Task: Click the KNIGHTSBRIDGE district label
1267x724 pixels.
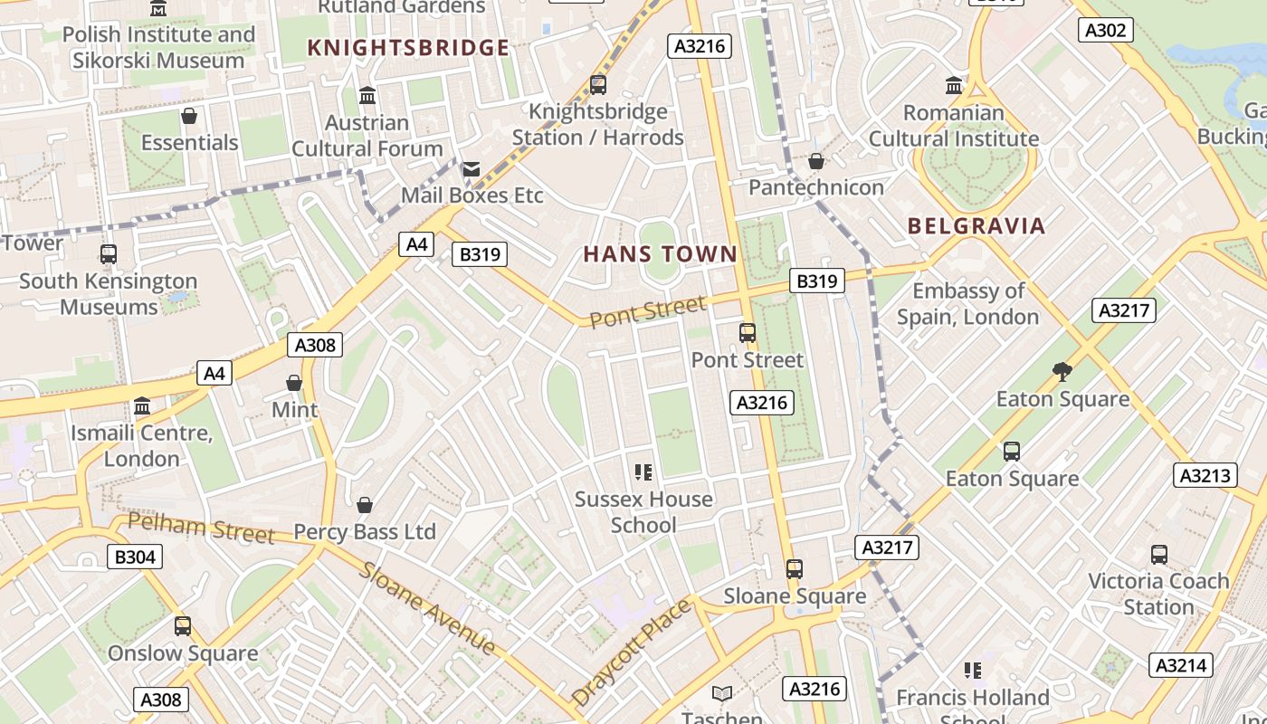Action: (408, 48)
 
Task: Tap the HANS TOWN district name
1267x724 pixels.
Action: (661, 254)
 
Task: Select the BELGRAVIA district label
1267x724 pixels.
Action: (976, 226)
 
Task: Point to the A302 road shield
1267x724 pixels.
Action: (1106, 30)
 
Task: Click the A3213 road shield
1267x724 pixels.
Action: (1205, 475)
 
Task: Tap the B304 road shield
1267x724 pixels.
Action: (135, 557)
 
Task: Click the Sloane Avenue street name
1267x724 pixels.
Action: (427, 607)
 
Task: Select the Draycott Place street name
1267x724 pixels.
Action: (631, 653)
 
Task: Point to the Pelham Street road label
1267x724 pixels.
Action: (200, 528)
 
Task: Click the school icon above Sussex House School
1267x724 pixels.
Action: (643, 472)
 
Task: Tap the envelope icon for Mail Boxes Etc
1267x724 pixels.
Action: (472, 169)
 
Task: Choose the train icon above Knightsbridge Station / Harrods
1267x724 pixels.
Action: (597, 85)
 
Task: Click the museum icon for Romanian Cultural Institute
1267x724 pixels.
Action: (954, 86)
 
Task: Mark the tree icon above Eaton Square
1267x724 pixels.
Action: (1062, 371)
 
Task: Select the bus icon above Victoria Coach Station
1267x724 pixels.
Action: (1158, 554)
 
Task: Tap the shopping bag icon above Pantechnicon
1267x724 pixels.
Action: (816, 161)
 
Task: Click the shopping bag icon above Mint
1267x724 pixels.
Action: (294, 383)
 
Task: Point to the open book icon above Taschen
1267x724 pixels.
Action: (721, 694)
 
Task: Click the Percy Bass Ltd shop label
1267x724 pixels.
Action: (365, 532)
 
